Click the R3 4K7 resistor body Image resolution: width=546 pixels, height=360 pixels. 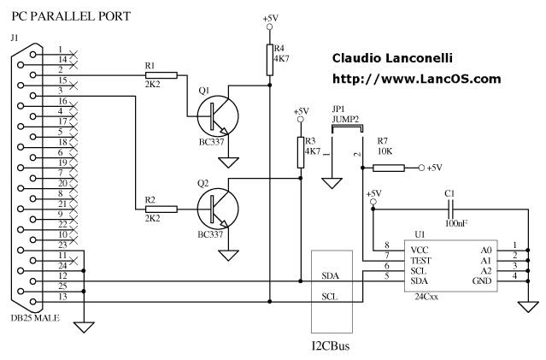pos(300,152)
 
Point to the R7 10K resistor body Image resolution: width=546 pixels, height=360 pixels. pos(393,168)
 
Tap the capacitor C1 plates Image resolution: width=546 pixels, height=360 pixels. pos(449,208)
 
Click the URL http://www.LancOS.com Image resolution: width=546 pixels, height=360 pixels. pos(415,79)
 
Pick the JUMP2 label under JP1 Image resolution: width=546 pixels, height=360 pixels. pos(344,121)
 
